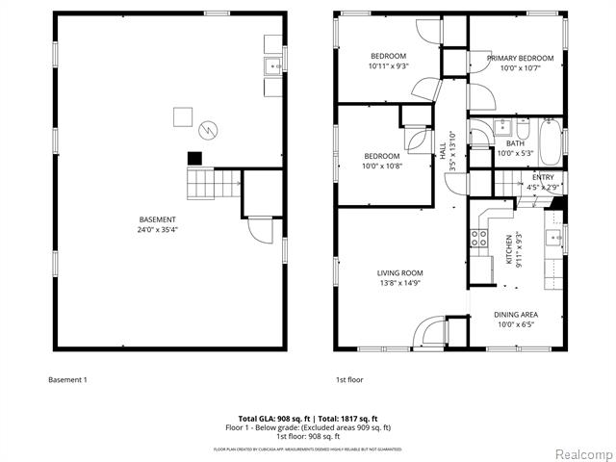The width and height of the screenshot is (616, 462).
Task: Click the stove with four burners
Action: pyautogui.click(x=477, y=240)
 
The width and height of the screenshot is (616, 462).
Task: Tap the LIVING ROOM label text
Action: pyautogui.click(x=399, y=273)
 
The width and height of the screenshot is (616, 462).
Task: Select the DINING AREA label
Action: pyautogui.click(x=516, y=315)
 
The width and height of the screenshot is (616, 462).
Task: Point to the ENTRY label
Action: pyautogui.click(x=544, y=177)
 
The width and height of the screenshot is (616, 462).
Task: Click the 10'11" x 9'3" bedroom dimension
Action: pyautogui.click(x=388, y=66)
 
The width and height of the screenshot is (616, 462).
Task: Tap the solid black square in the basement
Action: pyautogui.click(x=193, y=158)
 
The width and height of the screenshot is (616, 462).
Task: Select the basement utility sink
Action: pyautogui.click(x=272, y=65)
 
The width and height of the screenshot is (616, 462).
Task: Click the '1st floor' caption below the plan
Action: pyautogui.click(x=349, y=379)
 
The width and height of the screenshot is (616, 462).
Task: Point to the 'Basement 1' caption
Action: pyautogui.click(x=67, y=379)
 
